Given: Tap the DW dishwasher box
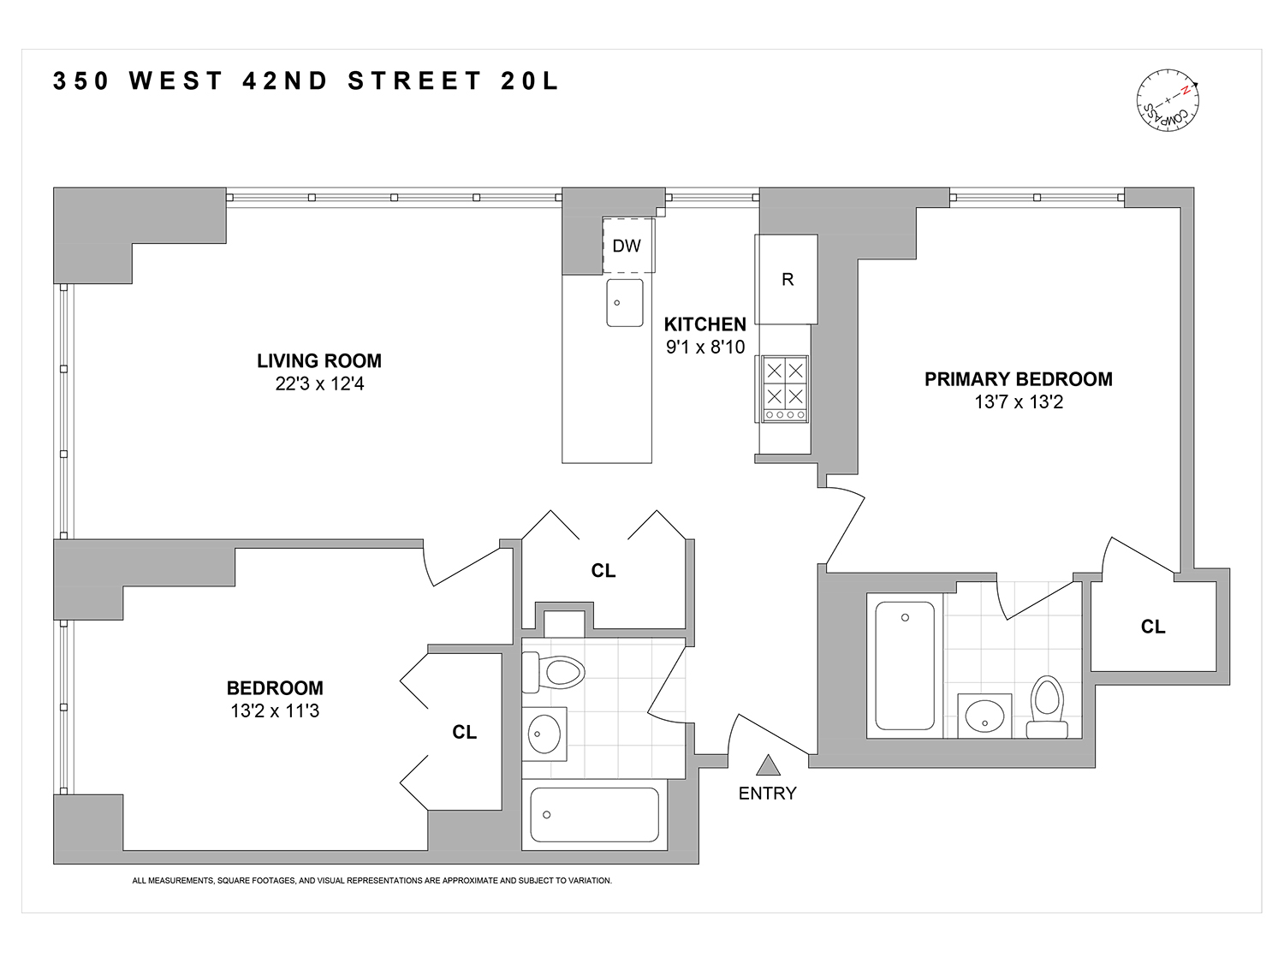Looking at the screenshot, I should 627,246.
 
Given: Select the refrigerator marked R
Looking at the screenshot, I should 787,279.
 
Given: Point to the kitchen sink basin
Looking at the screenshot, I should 625,302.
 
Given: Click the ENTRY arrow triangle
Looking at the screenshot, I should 768,765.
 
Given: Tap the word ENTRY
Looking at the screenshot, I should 767,794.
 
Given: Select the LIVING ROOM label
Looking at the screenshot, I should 319,361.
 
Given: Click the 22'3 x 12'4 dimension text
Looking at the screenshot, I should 319,384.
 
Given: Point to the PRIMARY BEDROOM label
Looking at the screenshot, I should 1018,379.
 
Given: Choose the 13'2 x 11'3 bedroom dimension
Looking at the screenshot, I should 275,710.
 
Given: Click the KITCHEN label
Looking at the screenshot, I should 705,324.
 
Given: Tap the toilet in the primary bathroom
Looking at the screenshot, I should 1047,706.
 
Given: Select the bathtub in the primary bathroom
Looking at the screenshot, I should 905,665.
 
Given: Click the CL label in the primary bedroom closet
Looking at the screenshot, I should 1153,627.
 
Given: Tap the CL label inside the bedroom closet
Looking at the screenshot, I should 465,732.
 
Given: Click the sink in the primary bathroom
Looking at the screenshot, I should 984,715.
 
